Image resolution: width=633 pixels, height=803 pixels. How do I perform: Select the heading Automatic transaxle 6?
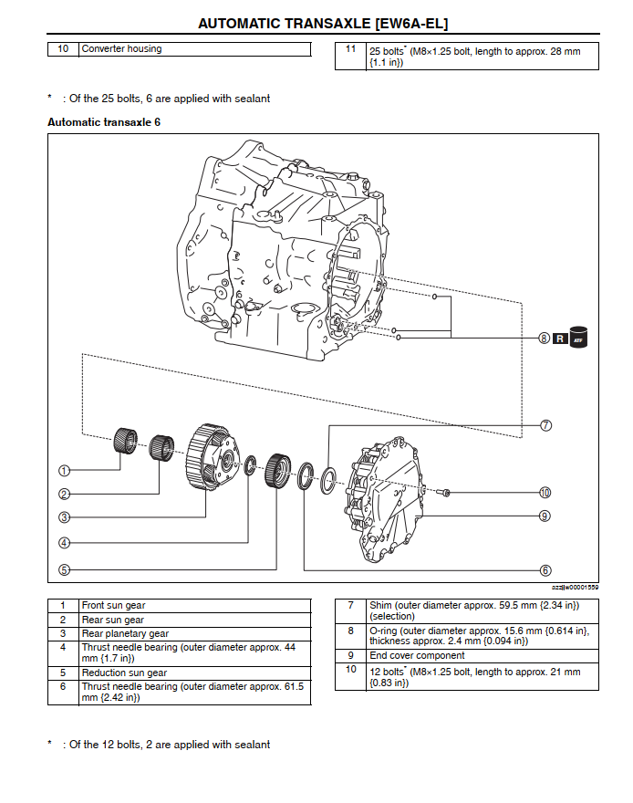103,121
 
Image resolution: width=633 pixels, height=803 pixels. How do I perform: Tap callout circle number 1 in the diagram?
65,471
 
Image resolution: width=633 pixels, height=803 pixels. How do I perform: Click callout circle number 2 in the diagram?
65,495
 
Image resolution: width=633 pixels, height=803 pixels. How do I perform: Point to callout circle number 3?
65,517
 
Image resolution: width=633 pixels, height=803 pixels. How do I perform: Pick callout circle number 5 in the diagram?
65,570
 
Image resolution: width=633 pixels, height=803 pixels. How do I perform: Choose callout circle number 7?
545,425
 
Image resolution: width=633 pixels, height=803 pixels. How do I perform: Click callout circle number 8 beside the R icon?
545,338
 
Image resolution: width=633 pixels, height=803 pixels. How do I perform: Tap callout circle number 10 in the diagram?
545,493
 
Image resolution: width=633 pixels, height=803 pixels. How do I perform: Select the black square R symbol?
562,338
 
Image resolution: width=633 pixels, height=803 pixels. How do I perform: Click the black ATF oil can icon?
578,335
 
